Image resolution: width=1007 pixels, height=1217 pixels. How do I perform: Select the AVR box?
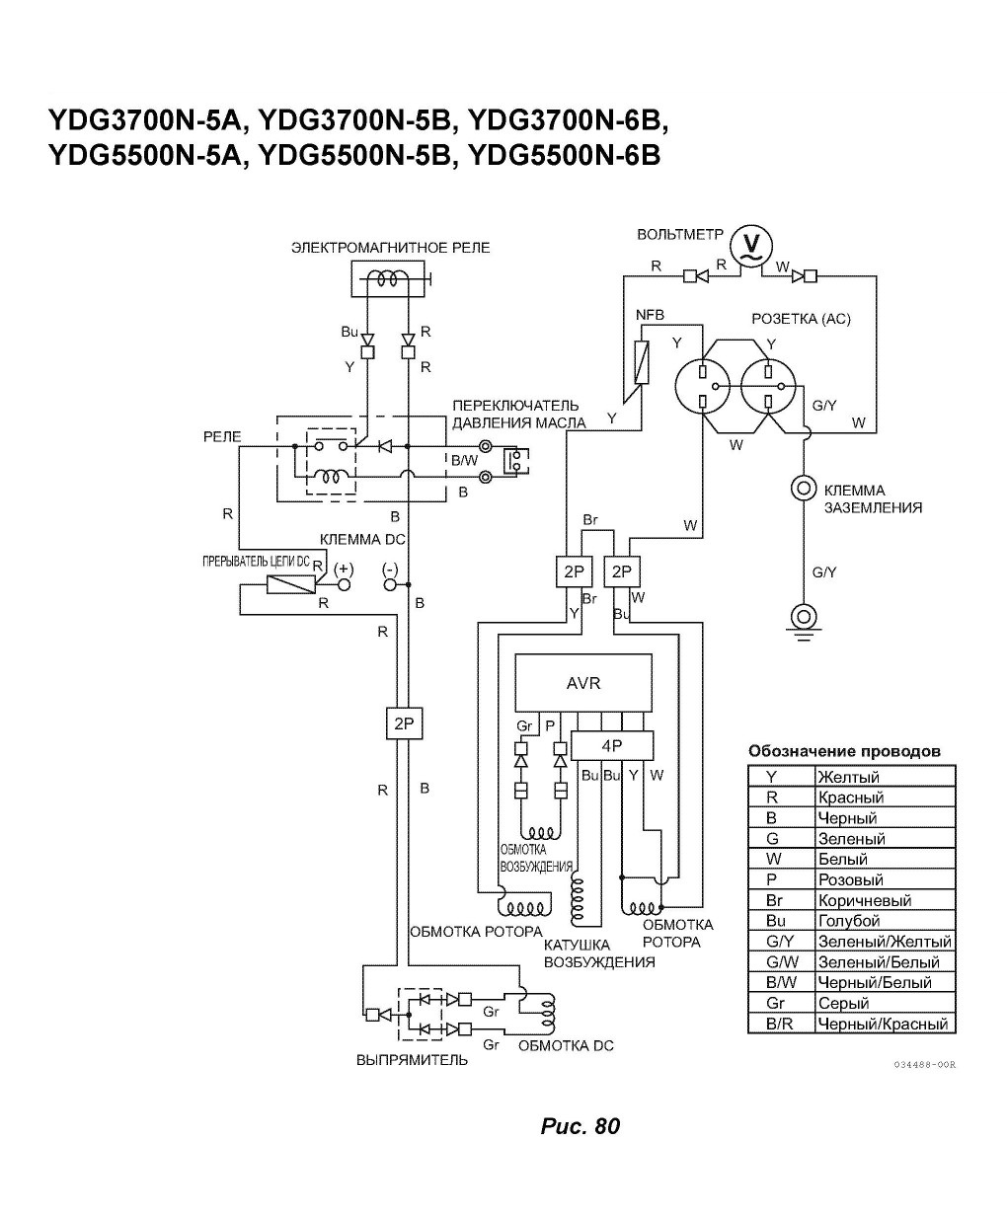[583, 682]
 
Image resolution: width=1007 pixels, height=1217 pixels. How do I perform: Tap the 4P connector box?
[612, 745]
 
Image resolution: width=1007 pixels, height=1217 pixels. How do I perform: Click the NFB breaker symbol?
[642, 362]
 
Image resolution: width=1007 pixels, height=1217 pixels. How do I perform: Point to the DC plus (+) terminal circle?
[344, 584]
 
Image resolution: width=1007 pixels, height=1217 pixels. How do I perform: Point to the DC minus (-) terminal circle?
[390, 584]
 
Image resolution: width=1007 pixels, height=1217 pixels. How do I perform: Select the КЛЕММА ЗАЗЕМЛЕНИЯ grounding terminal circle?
[803, 488]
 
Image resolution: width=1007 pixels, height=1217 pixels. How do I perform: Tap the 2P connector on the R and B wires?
[404, 723]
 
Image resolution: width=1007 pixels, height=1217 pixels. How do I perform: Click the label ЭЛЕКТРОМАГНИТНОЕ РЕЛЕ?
[391, 248]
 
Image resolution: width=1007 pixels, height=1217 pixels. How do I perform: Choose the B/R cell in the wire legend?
[781, 1024]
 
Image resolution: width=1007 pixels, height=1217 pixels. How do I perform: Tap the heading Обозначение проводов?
[844, 751]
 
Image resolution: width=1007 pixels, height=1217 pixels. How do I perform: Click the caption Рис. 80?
[581, 1126]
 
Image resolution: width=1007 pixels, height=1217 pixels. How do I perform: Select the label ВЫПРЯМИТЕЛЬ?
[412, 1060]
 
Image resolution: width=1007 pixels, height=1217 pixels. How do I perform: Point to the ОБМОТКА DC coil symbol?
[548, 1013]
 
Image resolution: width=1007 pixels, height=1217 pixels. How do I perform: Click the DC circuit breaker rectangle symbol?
[291, 584]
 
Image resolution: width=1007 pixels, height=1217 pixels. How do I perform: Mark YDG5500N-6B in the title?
[565, 156]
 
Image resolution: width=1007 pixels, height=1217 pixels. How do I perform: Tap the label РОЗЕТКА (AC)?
[801, 319]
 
